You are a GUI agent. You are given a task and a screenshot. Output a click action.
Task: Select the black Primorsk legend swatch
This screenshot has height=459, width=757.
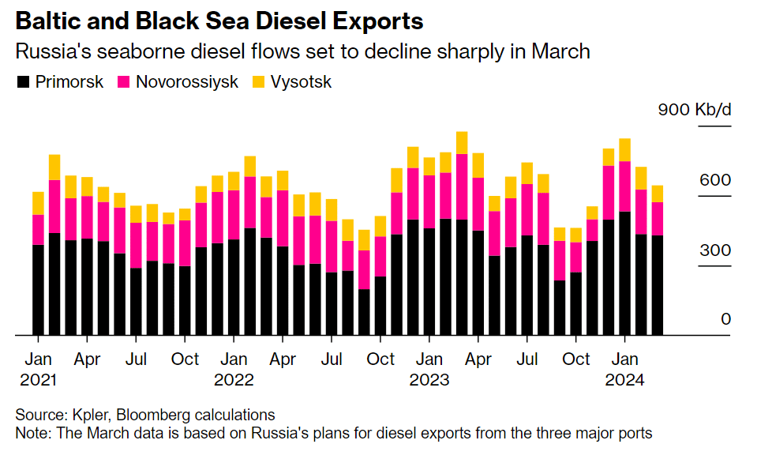[x=24, y=82]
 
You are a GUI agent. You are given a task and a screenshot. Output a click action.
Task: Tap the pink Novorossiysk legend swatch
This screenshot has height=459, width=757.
[x=124, y=82]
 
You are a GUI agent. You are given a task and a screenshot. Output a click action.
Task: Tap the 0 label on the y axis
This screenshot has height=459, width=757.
[x=725, y=319]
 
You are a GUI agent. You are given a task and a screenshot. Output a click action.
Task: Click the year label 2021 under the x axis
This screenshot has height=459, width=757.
[x=38, y=380]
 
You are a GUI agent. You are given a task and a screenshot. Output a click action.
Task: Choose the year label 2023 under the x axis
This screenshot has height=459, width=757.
[x=429, y=380]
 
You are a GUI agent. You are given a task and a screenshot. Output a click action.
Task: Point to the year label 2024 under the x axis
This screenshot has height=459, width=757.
[x=625, y=380]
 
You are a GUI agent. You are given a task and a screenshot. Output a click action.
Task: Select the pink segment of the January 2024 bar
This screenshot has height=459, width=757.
[x=624, y=186]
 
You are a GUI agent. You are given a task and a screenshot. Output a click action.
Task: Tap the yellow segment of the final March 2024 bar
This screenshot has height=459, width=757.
[x=657, y=194]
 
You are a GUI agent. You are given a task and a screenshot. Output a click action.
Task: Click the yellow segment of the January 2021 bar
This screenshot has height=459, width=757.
[x=38, y=203]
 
